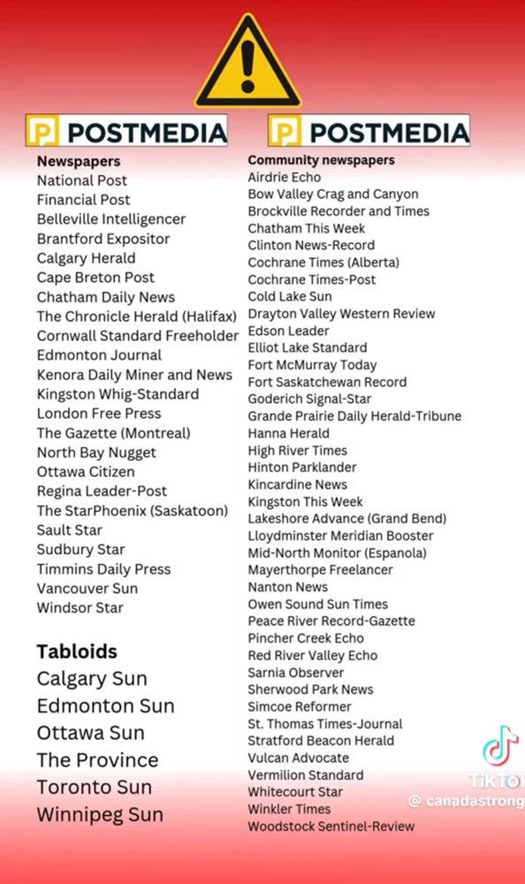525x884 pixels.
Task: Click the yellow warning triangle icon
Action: pyautogui.click(x=248, y=64)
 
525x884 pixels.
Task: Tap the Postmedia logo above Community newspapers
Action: pyautogui.click(x=369, y=133)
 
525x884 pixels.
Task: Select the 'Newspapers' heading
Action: pyautogui.click(x=79, y=161)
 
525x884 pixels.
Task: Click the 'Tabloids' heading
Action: pyautogui.click(x=77, y=652)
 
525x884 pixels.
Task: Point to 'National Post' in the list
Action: pyautogui.click(x=82, y=180)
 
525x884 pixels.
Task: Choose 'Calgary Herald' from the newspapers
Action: pyautogui.click(x=86, y=258)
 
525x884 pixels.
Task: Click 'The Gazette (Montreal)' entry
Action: pyautogui.click(x=113, y=433)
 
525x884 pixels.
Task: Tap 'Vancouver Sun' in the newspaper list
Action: pyautogui.click(x=87, y=588)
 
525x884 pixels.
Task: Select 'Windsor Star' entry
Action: pyautogui.click(x=80, y=607)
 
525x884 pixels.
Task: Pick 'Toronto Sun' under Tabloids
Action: pyautogui.click(x=94, y=787)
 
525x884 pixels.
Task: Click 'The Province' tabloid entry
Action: pyautogui.click(x=97, y=760)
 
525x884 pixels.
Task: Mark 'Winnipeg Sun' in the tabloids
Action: pyautogui.click(x=100, y=814)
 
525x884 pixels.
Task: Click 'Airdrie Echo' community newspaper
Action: pyautogui.click(x=285, y=177)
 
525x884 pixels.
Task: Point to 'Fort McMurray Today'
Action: pyautogui.click(x=312, y=364)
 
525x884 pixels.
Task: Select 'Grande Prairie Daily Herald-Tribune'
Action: pyautogui.click(x=354, y=415)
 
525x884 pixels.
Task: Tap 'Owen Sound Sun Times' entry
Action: pyautogui.click(x=317, y=604)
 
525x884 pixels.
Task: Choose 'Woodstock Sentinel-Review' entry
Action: pyautogui.click(x=331, y=827)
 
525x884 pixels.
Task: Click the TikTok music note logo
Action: pyautogui.click(x=500, y=746)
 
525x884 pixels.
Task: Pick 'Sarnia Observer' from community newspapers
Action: pyautogui.click(x=295, y=672)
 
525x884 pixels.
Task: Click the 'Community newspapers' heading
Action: pyautogui.click(x=321, y=160)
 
